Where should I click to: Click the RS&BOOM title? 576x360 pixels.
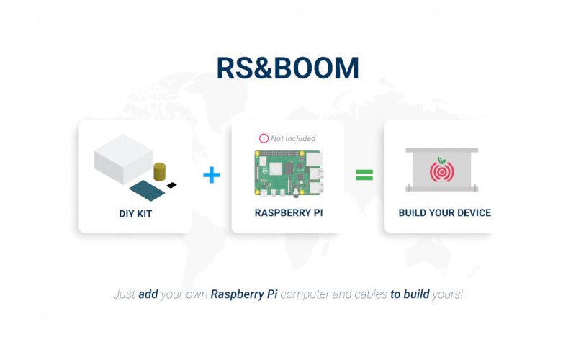point(287,68)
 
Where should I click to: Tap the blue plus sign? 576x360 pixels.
point(212,175)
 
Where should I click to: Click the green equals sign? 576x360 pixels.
point(364,175)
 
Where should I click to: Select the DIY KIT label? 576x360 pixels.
point(135,214)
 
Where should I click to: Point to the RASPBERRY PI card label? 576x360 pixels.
point(289,212)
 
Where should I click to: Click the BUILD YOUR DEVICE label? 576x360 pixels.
point(445,212)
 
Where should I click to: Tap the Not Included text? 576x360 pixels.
point(293,138)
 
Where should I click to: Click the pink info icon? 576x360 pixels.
point(264,138)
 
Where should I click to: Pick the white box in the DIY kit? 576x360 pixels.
point(123,158)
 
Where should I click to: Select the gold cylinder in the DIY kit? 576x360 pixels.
point(159,171)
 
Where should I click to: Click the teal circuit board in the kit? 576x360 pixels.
point(148,191)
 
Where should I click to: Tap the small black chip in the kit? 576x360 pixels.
point(171,185)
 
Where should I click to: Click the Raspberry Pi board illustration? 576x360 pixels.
point(289,173)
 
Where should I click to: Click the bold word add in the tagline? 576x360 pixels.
point(148,294)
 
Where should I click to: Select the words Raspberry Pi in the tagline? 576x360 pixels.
point(244,294)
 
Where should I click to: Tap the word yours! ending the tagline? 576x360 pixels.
point(447,294)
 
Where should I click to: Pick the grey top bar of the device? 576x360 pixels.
point(442,150)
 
